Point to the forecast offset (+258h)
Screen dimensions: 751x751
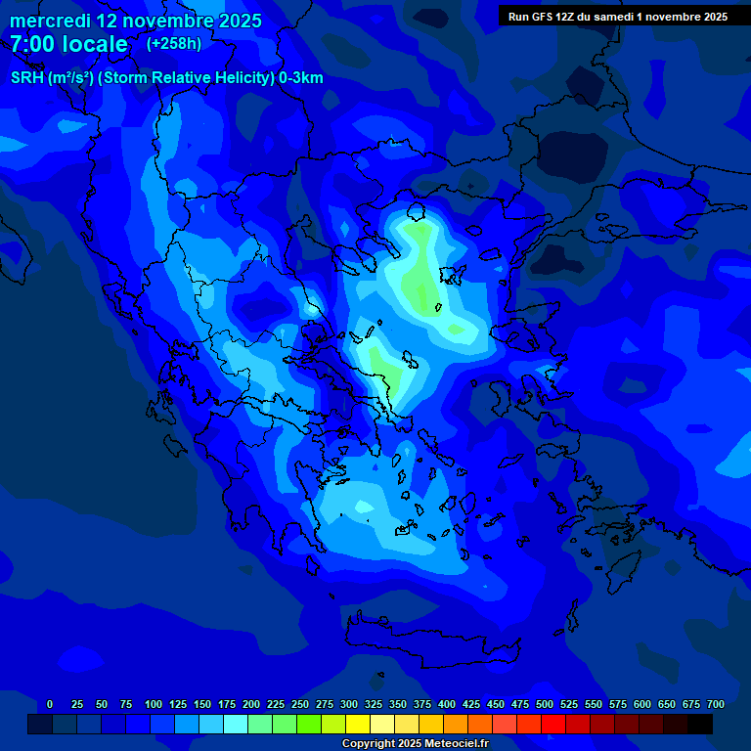(x=174, y=44)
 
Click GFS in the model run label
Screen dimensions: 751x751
(x=541, y=17)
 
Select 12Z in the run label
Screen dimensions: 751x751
(x=568, y=17)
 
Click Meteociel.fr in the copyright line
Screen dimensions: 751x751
(x=456, y=744)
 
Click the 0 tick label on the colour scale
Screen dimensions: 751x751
(x=50, y=704)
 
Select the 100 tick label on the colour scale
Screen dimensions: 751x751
(x=154, y=704)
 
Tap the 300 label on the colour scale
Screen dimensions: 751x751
(x=349, y=704)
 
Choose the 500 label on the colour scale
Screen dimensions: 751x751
(x=545, y=704)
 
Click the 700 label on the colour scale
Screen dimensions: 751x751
(x=716, y=704)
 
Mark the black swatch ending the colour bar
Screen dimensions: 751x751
(x=700, y=725)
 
